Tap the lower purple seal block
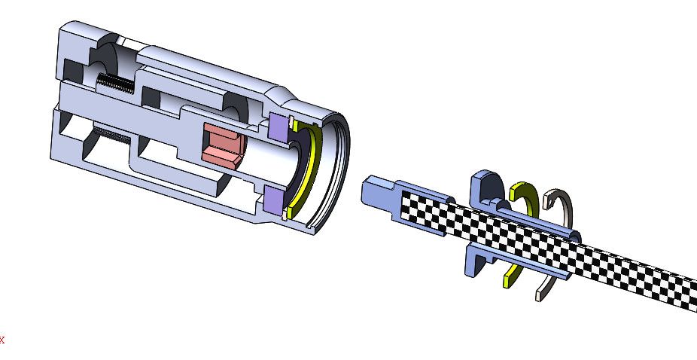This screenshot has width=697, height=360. click(274, 200)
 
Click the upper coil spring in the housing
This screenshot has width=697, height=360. click(115, 83)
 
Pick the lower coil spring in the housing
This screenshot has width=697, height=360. click(111, 135)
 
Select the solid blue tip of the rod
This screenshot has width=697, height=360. click(378, 191)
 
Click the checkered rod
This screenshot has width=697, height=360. click(546, 249)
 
